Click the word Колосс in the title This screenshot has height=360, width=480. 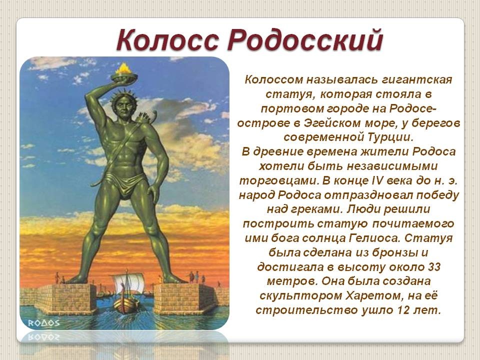pyautogui.click(x=168, y=40)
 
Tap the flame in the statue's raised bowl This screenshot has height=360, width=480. pyautogui.click(x=123, y=68)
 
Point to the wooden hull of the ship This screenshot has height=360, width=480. pyautogui.click(x=125, y=304)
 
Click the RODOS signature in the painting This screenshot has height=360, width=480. pyautogui.click(x=44, y=323)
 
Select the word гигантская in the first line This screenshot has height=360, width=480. pyautogui.click(x=417, y=80)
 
